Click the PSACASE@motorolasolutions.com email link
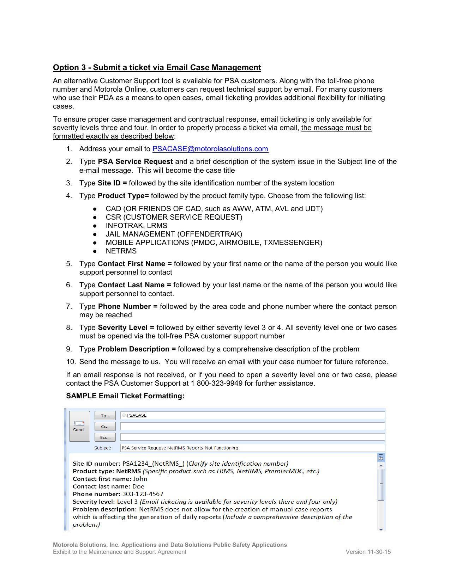coord(210,149)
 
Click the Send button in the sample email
coord(79,426)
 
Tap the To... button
coord(105,416)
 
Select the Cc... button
coord(105,427)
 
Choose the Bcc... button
coord(105,437)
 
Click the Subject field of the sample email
coord(252,448)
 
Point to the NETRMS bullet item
coord(121,251)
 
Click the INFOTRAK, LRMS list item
coord(136,226)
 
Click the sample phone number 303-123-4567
coord(143,494)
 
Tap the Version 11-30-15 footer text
coord(368,552)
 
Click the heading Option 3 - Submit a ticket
coord(157,68)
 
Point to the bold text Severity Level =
coord(126,327)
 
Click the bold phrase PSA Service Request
coord(135,161)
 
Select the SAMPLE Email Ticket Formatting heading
coord(125,396)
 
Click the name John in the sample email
coord(140,479)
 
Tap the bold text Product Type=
coord(123,196)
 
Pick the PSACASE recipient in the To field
coord(136,415)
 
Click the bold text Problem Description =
coord(137,349)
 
